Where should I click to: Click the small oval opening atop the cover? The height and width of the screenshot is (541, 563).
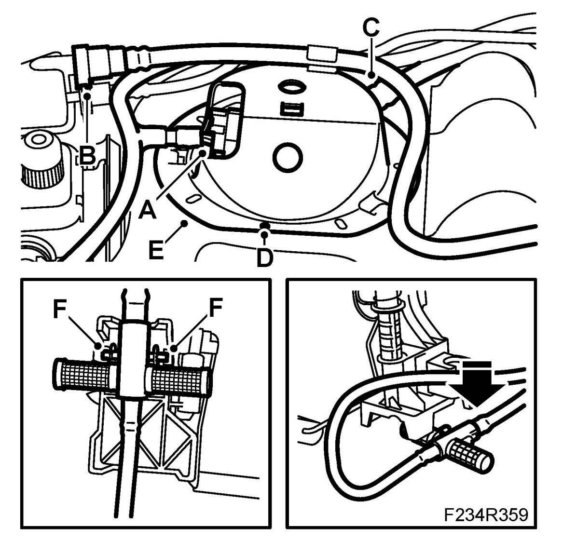pyautogui.click(x=290, y=87)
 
